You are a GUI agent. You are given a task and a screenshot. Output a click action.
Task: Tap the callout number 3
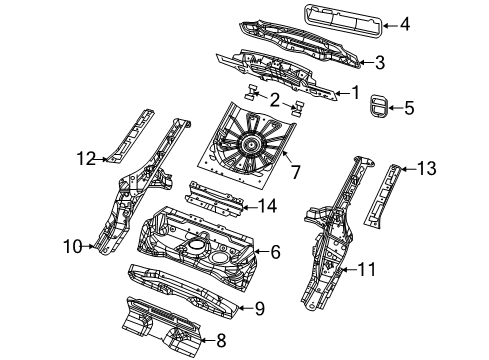coord(380,63)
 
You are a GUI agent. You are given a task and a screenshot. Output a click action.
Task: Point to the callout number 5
coord(409,107)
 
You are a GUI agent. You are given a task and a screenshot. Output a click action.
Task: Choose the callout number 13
coord(426,169)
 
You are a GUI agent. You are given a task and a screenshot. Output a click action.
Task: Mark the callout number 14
coord(266,206)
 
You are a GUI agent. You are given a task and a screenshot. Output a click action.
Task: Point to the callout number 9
coord(257,309)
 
